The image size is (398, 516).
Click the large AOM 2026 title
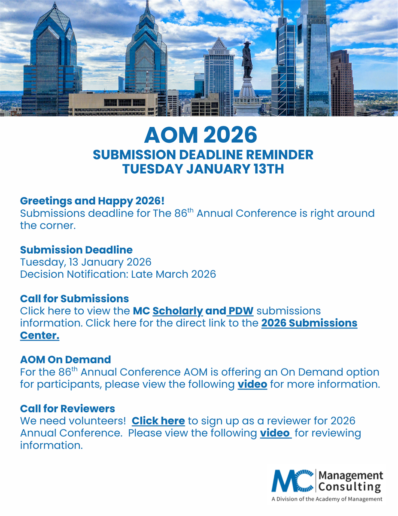pyautogui.click(x=201, y=135)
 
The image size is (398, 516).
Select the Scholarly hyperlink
pyautogui.click(x=178, y=310)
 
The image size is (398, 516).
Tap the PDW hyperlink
pyautogui.click(x=241, y=310)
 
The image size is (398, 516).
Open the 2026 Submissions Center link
pyautogui.click(x=309, y=323)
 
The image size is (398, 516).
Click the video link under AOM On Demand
pyautogui.click(x=252, y=384)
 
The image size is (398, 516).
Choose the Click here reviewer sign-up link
pyautogui.click(x=158, y=421)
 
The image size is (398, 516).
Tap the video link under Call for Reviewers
pyautogui.click(x=276, y=433)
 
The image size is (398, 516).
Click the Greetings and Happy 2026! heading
pyautogui.click(x=92, y=201)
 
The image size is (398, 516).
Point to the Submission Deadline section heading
pyautogui.click(x=76, y=250)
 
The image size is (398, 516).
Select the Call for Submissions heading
pyautogui.click(x=74, y=298)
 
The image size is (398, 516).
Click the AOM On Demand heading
pyautogui.click(x=65, y=359)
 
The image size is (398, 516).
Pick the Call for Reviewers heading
pyautogui.click(x=67, y=408)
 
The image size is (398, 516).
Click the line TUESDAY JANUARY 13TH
pyautogui.click(x=203, y=169)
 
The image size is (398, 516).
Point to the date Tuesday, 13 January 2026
pyautogui.click(x=85, y=262)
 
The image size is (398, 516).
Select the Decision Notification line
pyautogui.click(x=118, y=274)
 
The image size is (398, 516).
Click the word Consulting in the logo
pyautogui.click(x=349, y=487)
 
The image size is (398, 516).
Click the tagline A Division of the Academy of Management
pyautogui.click(x=326, y=499)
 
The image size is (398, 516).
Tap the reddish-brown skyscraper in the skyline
pyautogui.click(x=342, y=82)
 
